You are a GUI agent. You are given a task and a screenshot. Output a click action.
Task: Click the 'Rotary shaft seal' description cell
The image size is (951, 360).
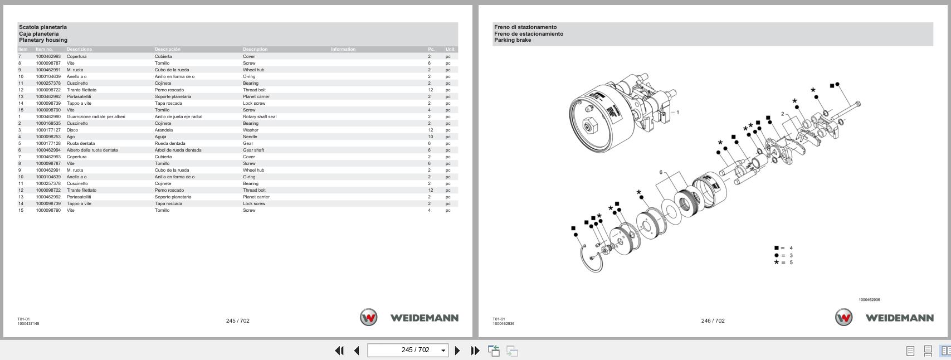pyautogui.click(x=259, y=116)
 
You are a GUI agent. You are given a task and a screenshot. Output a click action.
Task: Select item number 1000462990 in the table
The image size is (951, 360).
pyautogui.click(x=48, y=116)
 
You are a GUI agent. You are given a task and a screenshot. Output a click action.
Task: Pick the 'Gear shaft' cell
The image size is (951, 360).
pyautogui.click(x=253, y=150)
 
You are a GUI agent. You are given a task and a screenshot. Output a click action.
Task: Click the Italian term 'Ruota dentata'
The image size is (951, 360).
pyautogui.click(x=81, y=143)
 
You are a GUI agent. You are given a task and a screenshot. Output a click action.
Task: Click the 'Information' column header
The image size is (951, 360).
pyautogui.click(x=343, y=49)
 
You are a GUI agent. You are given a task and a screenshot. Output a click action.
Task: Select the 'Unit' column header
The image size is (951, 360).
pyautogui.click(x=450, y=49)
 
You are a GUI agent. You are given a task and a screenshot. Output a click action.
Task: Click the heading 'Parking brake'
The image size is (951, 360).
pyautogui.click(x=512, y=40)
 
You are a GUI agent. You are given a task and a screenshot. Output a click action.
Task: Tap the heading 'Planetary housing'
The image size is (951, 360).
pyautogui.click(x=43, y=40)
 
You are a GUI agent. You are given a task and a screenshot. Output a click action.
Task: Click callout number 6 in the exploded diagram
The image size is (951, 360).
pyautogui.click(x=661, y=172)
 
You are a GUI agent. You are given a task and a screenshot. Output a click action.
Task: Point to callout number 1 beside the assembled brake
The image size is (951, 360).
pyautogui.click(x=677, y=113)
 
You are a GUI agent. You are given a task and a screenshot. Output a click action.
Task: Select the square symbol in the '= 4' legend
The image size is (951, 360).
pyautogui.click(x=776, y=248)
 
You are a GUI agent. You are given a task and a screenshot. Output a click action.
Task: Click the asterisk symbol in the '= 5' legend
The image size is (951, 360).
pyautogui.click(x=776, y=262)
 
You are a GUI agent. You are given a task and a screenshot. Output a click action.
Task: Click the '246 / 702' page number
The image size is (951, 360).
pyautogui.click(x=713, y=320)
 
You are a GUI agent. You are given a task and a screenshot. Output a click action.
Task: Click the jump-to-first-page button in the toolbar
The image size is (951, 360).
pyautogui.click(x=339, y=351)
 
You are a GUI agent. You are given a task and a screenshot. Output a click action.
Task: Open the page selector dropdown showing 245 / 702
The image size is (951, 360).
pyautogui.click(x=443, y=351)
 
